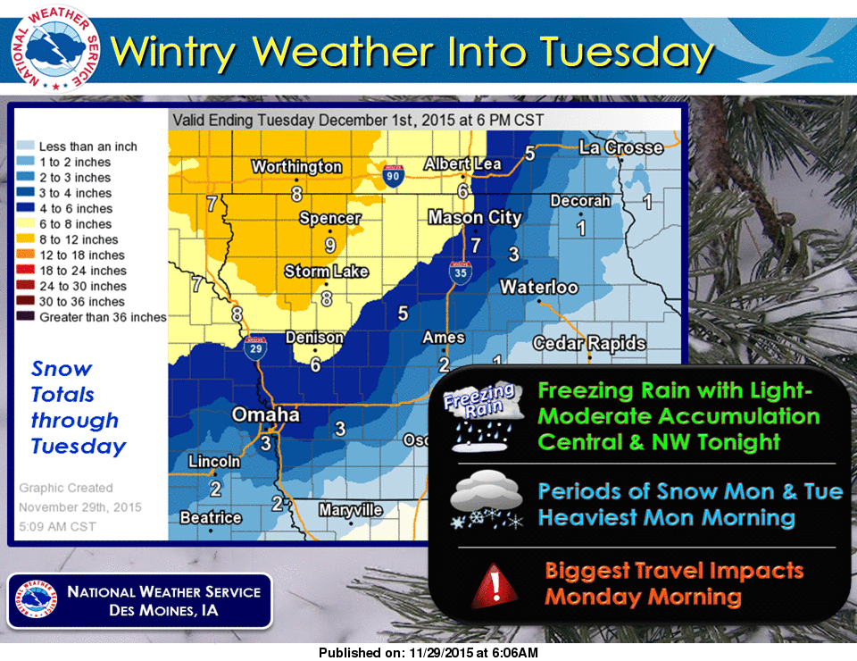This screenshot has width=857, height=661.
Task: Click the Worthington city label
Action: (296, 167)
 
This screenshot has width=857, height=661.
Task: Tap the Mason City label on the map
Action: (474, 218)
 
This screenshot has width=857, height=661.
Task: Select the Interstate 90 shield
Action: (393, 174)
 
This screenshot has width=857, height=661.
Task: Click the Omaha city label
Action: (265, 415)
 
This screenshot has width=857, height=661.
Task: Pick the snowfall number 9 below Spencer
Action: (329, 244)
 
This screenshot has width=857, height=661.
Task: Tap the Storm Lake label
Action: (326, 272)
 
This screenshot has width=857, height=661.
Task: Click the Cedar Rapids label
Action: (589, 344)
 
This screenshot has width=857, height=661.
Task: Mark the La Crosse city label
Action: (620, 148)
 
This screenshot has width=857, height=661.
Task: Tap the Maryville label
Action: (351, 510)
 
